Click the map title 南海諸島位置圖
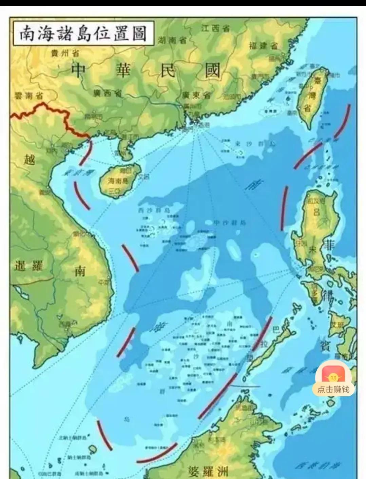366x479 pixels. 83,34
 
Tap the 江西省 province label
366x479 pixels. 215,28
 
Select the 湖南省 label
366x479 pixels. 172,41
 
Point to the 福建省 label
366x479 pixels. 263,46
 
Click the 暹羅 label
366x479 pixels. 28,266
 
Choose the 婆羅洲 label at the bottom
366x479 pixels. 208,471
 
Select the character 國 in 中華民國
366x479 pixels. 212,71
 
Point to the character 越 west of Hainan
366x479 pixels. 30,159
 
